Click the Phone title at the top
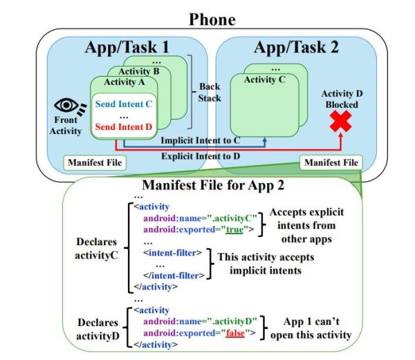(207, 20)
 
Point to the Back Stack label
(209, 94)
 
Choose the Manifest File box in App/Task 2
(331, 163)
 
